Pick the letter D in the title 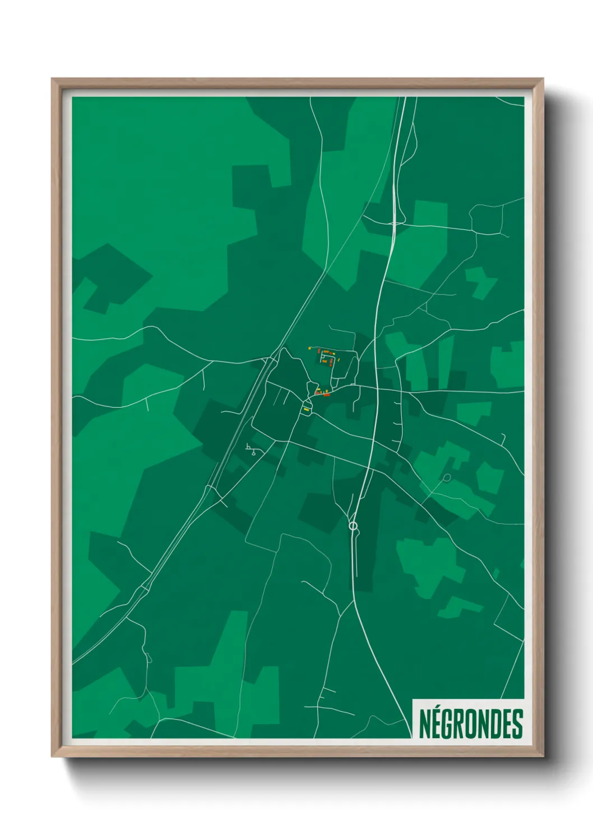(493, 724)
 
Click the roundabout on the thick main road (353, 525)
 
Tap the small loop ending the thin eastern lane (447, 478)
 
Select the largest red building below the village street (326, 395)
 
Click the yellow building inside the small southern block (307, 410)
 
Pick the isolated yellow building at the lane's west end (309, 348)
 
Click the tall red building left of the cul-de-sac (318, 353)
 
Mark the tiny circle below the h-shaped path (254, 453)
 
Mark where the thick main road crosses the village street (377, 388)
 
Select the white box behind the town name (468, 719)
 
